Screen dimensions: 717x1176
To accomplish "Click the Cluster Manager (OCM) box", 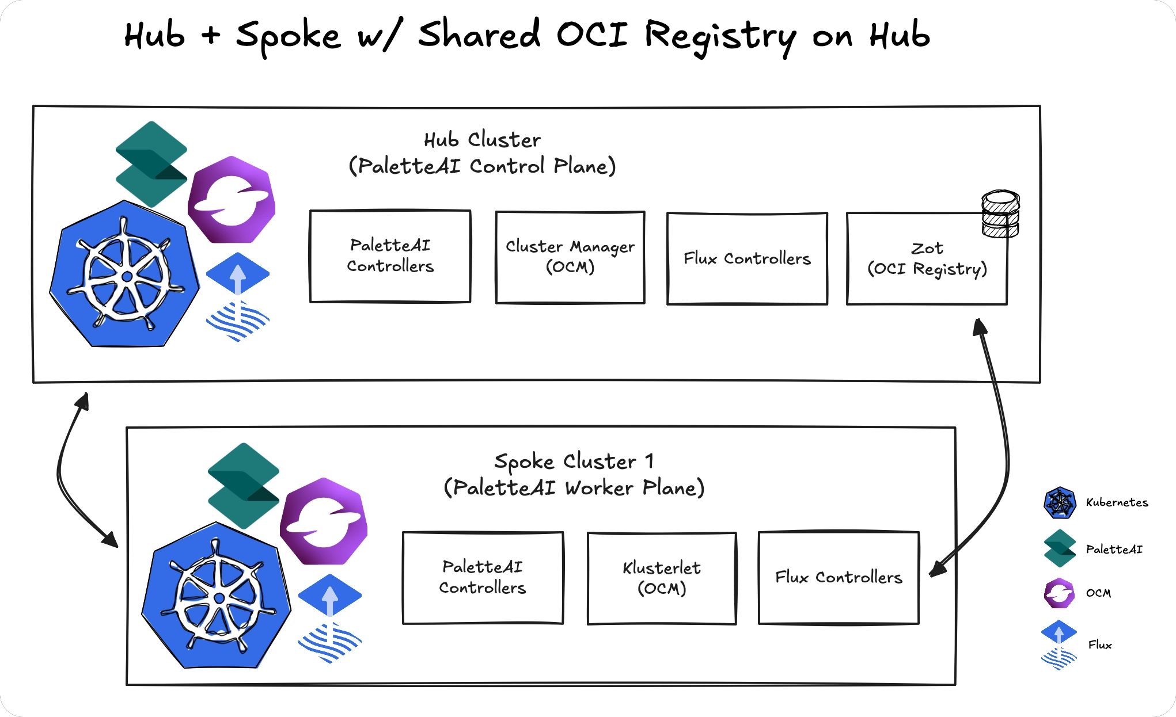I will click(x=570, y=257).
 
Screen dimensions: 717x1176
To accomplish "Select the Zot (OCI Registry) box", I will click(x=927, y=259).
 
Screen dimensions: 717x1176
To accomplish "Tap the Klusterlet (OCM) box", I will click(x=662, y=578).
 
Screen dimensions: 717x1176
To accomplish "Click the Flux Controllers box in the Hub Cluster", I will click(x=747, y=258).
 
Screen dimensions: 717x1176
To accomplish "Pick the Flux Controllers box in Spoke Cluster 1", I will click(x=839, y=577).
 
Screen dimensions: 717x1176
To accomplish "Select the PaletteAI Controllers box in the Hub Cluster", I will click(x=390, y=256).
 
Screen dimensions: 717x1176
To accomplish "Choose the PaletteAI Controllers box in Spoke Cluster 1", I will click(x=483, y=577).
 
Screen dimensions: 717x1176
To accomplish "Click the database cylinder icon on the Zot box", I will click(x=1000, y=214).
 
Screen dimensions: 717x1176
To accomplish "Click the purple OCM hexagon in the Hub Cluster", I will click(x=232, y=199).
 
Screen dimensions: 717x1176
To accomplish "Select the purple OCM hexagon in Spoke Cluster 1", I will click(x=324, y=521).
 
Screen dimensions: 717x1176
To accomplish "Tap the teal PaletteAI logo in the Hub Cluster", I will click(x=151, y=164).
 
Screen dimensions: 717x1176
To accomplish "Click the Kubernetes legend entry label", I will click(x=1117, y=502).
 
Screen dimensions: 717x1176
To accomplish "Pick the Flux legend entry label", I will click(x=1099, y=645).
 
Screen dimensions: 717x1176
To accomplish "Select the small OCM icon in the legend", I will click(x=1059, y=593).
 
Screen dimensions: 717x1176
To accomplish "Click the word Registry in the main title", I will click(x=720, y=36).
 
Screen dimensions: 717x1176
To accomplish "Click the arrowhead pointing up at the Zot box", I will click(x=980, y=327).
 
